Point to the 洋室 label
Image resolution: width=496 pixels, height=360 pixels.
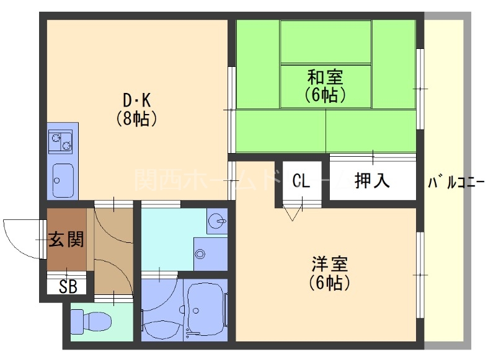point(330,265)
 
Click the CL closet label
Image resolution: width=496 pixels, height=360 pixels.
point(301,180)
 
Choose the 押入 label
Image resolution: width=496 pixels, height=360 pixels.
point(372,180)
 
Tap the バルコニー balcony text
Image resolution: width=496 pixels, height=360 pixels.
point(456,182)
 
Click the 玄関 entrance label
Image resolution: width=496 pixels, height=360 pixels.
point(66,239)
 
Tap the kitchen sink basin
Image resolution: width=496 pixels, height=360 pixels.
point(63,178)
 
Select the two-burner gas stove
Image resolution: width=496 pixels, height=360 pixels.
point(61,142)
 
